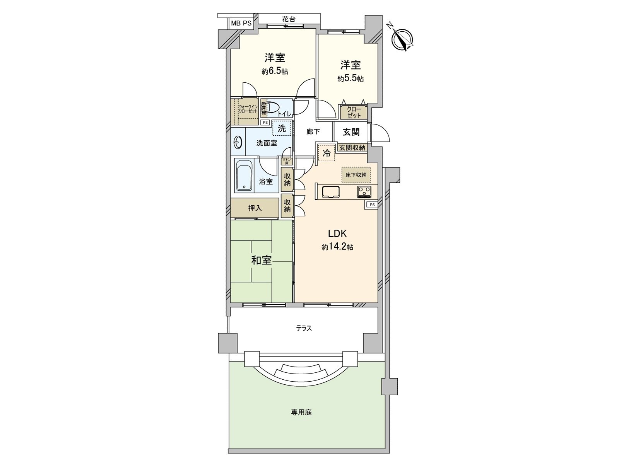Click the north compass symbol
[x=403, y=39]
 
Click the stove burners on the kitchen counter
[x=364, y=191]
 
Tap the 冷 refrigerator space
[x=327, y=153]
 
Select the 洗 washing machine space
[x=282, y=128]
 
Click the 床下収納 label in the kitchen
[x=356, y=175]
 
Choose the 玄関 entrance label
[x=351, y=132]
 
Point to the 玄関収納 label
[x=352, y=148]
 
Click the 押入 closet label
[x=255, y=208]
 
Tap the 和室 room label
[x=261, y=260]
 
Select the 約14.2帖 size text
[x=337, y=247]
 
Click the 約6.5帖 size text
[x=275, y=72]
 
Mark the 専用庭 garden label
[x=301, y=412]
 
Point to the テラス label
[x=304, y=328]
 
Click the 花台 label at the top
[x=289, y=19]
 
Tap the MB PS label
[x=241, y=23]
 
